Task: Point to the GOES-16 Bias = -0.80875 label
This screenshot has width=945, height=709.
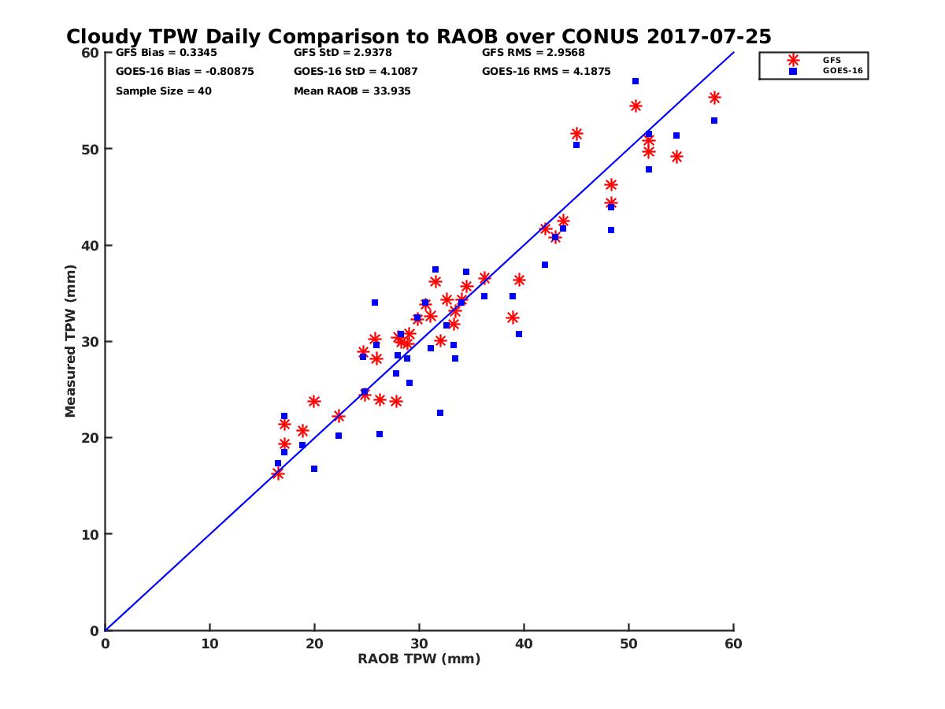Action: (184, 71)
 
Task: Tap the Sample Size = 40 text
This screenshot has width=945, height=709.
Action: (163, 91)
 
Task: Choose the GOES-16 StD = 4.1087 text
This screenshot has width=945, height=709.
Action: (355, 71)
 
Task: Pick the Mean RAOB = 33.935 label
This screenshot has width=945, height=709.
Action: (352, 91)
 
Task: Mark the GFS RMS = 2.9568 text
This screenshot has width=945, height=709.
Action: (533, 53)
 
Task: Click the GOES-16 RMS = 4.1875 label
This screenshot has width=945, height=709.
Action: (546, 71)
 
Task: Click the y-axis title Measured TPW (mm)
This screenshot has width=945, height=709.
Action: (71, 341)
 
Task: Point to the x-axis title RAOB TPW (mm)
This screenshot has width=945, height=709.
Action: (419, 659)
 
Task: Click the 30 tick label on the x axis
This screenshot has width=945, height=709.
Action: (419, 644)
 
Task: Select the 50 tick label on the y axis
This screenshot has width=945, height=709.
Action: (91, 149)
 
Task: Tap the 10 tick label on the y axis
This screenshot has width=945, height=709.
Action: (91, 534)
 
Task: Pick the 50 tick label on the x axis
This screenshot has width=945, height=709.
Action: (628, 644)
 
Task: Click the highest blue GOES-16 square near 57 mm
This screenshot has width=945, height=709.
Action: (636, 81)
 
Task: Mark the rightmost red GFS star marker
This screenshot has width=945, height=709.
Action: (714, 98)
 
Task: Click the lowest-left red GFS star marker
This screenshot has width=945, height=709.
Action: (278, 473)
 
